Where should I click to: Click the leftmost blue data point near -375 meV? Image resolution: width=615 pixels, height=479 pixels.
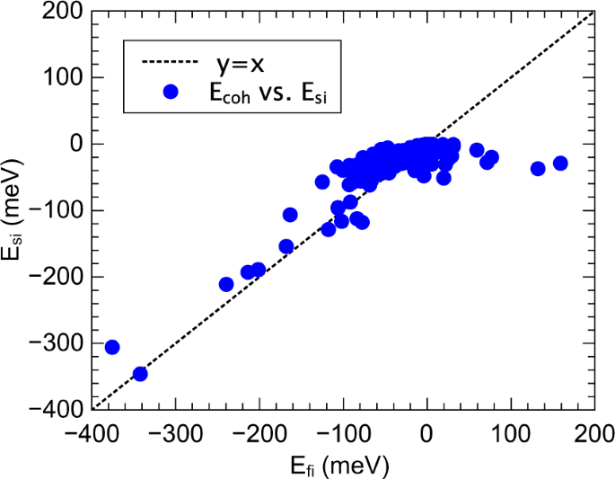click(x=112, y=347)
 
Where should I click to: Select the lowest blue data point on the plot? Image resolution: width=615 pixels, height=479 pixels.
click(x=140, y=374)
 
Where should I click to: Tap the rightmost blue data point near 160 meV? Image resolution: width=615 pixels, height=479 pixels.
click(x=560, y=163)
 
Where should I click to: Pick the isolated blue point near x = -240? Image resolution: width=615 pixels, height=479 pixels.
click(x=226, y=284)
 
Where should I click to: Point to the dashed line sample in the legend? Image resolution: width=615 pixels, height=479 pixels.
click(x=171, y=63)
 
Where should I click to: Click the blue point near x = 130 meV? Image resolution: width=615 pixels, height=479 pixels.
click(x=538, y=168)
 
